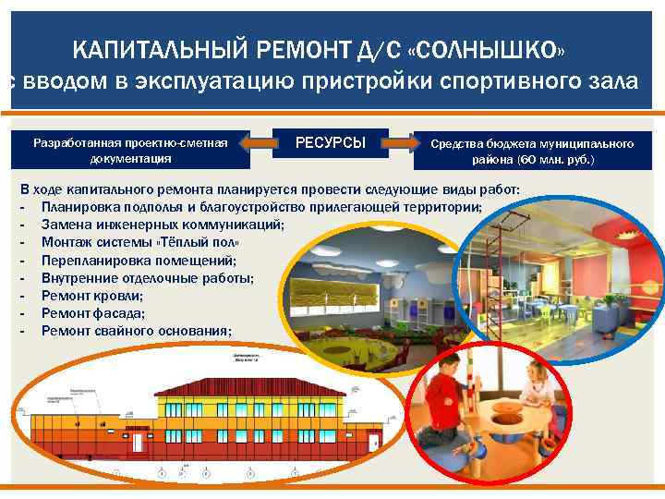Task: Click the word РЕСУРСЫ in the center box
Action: [x=330, y=143]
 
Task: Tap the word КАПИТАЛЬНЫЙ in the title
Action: [x=144, y=48]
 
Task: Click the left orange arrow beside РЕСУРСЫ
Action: [x=263, y=143]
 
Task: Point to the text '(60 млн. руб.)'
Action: [x=556, y=160]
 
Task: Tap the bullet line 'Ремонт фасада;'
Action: [x=93, y=314]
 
